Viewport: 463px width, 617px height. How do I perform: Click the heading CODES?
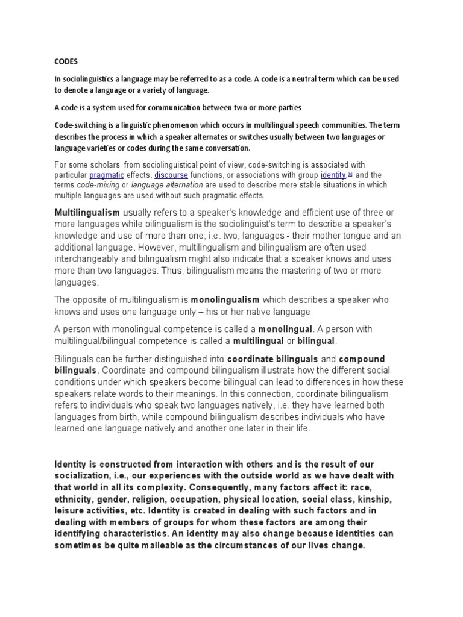pos(66,61)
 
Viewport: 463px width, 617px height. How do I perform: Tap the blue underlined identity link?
pos(333,175)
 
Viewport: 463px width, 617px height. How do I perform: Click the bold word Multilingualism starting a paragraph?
pos(87,213)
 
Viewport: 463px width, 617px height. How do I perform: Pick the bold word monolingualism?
pos(225,299)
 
